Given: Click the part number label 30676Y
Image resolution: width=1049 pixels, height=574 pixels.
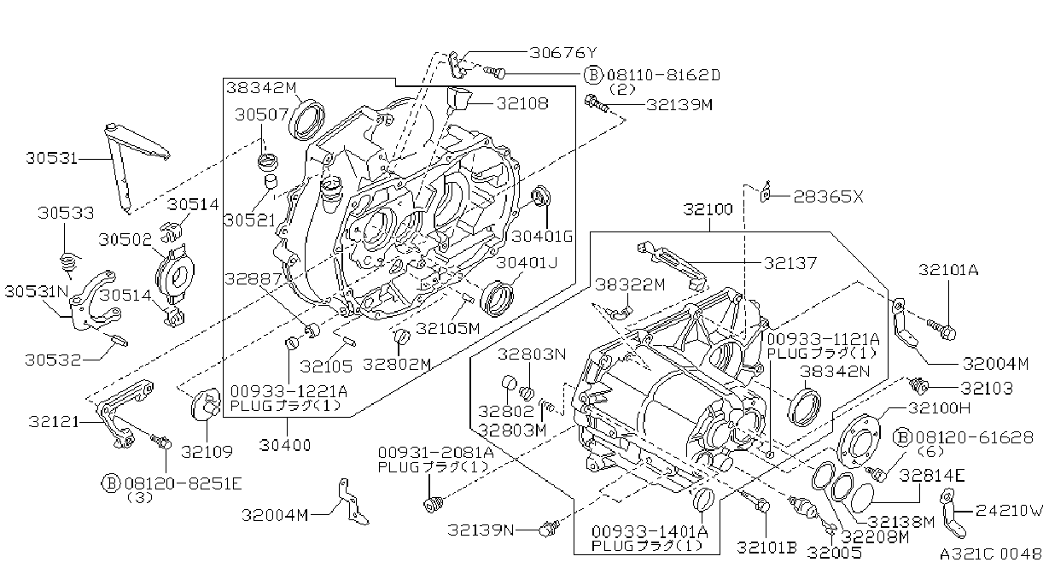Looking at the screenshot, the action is click(564, 52).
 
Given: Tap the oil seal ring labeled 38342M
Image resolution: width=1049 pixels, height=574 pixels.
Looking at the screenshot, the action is click(307, 120).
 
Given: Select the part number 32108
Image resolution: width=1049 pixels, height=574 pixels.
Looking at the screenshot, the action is click(522, 103).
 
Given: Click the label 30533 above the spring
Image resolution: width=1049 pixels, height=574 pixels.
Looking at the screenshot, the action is click(66, 213).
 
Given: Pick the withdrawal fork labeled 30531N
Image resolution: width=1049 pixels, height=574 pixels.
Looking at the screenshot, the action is click(93, 300).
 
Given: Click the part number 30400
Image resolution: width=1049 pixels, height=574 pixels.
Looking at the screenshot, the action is click(285, 445).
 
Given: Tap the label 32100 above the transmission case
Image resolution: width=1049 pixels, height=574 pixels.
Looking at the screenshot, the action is click(708, 209).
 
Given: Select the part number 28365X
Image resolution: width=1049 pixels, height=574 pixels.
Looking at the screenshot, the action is click(828, 196).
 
